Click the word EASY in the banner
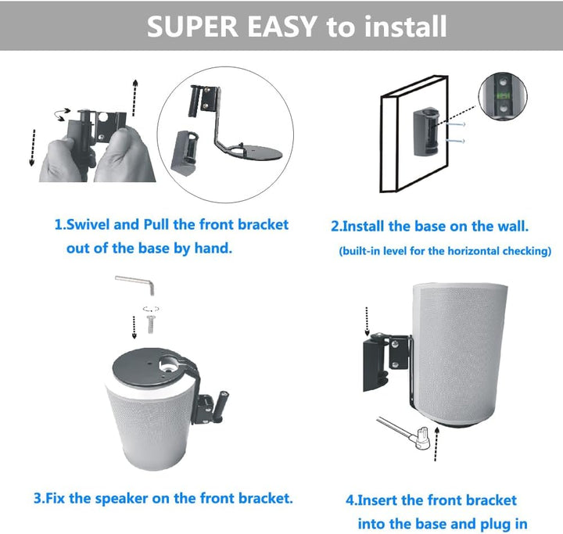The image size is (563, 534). coord(281,27)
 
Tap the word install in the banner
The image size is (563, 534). coord(405,27)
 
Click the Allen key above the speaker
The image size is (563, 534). coord(135,285)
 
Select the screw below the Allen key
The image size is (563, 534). coord(151,324)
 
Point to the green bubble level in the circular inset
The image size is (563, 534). coord(503,95)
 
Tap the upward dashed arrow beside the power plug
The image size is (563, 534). coord(436,444)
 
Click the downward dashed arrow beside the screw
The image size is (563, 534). coord(134,327)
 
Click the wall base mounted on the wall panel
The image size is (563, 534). coord(426,132)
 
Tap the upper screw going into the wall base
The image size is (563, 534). coord(455,124)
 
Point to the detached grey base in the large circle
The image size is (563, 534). coord(185,151)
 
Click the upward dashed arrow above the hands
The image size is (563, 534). coord(135,97)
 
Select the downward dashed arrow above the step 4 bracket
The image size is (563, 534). coord(367,321)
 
